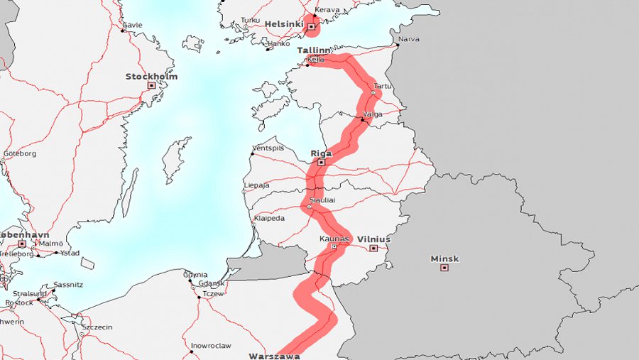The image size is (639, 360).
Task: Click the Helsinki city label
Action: pyautogui.click(x=285, y=23)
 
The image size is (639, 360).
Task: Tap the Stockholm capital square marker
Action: pyautogui.click(x=151, y=85)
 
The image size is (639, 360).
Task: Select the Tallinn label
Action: pyautogui.click(x=313, y=50)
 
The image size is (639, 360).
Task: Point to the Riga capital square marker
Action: pyautogui.click(x=321, y=163)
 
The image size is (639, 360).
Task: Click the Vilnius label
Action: pyautogui.click(x=373, y=239)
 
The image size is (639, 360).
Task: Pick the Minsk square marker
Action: pyautogui.click(x=444, y=268)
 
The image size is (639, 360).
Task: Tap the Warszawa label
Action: pyautogui.click(x=274, y=355)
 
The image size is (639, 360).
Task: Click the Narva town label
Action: pyautogui.click(x=409, y=39)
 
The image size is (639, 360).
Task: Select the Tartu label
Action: pyautogui.click(x=383, y=85)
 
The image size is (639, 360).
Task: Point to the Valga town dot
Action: pyautogui.click(x=362, y=120)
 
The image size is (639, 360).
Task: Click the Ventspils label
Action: pyautogui.click(x=268, y=148)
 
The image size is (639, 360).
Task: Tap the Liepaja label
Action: pyautogui.click(x=256, y=185)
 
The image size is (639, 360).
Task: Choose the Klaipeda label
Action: pyautogui.click(x=268, y=218)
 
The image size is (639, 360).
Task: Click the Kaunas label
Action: pyautogui.click(x=334, y=239)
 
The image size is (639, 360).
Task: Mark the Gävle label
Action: pyautogui.click(x=132, y=25)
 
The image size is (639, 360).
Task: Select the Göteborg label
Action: pyautogui.click(x=19, y=153)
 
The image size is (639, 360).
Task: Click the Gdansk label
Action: pyautogui.click(x=212, y=283)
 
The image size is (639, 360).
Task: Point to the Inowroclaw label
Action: pyautogui.click(x=211, y=346)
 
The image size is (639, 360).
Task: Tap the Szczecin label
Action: pyautogui.click(x=97, y=327)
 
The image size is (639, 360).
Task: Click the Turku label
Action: pyautogui.click(x=251, y=20)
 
